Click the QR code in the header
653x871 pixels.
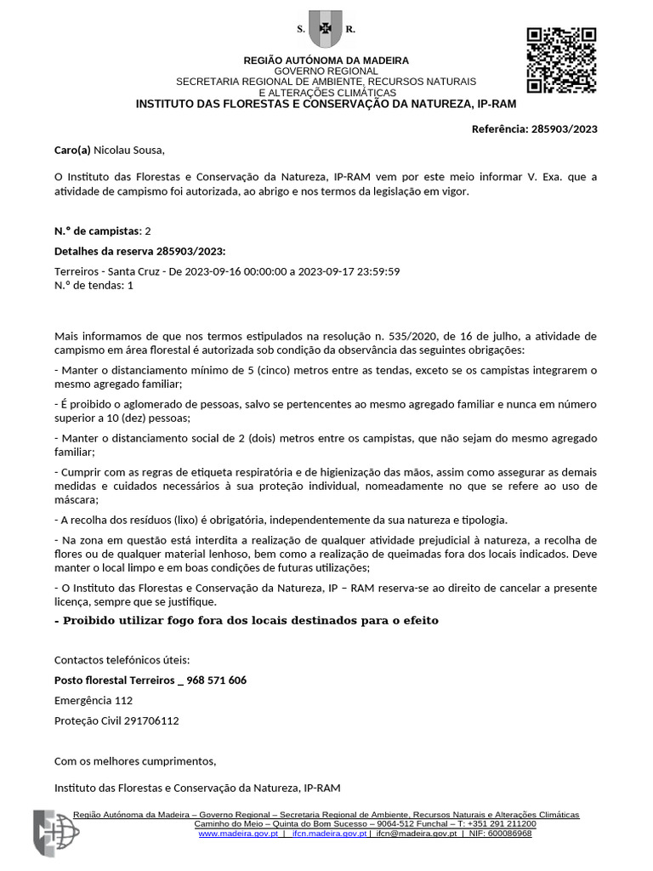click(561, 60)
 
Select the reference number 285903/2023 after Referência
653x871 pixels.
click(565, 129)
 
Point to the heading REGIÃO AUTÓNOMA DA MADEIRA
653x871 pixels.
click(326, 60)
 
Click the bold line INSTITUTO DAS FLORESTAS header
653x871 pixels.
click(326, 104)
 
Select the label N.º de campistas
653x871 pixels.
click(98, 231)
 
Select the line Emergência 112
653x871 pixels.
click(94, 701)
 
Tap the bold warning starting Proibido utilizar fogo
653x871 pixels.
click(247, 620)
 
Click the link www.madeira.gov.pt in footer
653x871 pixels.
click(238, 834)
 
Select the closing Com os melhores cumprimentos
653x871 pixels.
click(135, 760)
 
